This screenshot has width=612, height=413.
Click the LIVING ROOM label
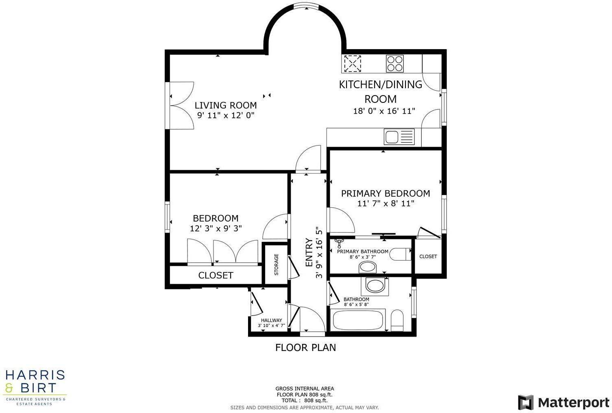tap(225, 105)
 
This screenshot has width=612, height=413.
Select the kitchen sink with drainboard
tap(399, 137)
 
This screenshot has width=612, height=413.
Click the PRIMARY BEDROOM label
tap(385, 193)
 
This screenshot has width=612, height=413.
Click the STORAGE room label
tap(277, 264)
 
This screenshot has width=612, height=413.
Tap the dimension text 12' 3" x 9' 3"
tap(216, 228)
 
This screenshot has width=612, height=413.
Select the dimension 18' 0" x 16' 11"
tap(384, 111)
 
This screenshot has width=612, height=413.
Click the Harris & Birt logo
tap(35, 387)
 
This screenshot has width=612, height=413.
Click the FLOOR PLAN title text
tap(305, 348)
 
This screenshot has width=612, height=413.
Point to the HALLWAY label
tap(271, 320)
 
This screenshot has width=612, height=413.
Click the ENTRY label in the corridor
tap(309, 252)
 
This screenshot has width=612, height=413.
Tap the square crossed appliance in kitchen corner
tap(352, 63)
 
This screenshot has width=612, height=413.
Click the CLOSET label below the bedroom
tap(216, 275)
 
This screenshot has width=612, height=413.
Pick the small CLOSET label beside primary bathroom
tap(428, 256)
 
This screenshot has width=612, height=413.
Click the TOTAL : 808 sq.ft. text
tap(304, 400)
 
